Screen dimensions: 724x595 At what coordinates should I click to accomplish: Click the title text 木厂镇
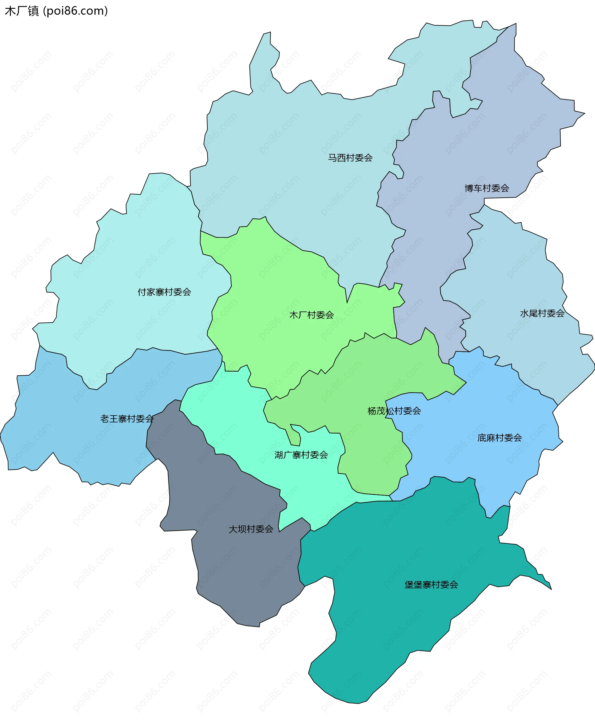[22, 11]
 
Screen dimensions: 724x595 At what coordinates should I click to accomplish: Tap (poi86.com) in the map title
[75, 11]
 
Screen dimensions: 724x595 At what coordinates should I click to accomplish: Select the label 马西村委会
[350, 158]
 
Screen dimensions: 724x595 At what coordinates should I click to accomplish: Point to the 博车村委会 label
[487, 188]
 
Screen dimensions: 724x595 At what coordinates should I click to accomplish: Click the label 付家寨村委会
[164, 292]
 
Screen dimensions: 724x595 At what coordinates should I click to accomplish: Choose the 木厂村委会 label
[311, 315]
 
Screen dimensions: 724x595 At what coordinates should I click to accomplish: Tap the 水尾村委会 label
[542, 313]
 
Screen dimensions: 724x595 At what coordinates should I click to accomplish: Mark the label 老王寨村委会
[127, 419]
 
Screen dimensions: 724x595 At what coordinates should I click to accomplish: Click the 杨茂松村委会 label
[394, 411]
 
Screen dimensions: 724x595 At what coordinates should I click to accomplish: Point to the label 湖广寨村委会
[301, 455]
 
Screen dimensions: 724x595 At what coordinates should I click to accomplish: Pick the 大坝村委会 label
[251, 529]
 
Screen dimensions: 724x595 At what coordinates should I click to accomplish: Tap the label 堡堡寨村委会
[431, 585]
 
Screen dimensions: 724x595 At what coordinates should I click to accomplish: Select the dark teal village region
[394, 634]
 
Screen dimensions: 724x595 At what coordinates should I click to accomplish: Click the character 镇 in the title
[33, 11]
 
